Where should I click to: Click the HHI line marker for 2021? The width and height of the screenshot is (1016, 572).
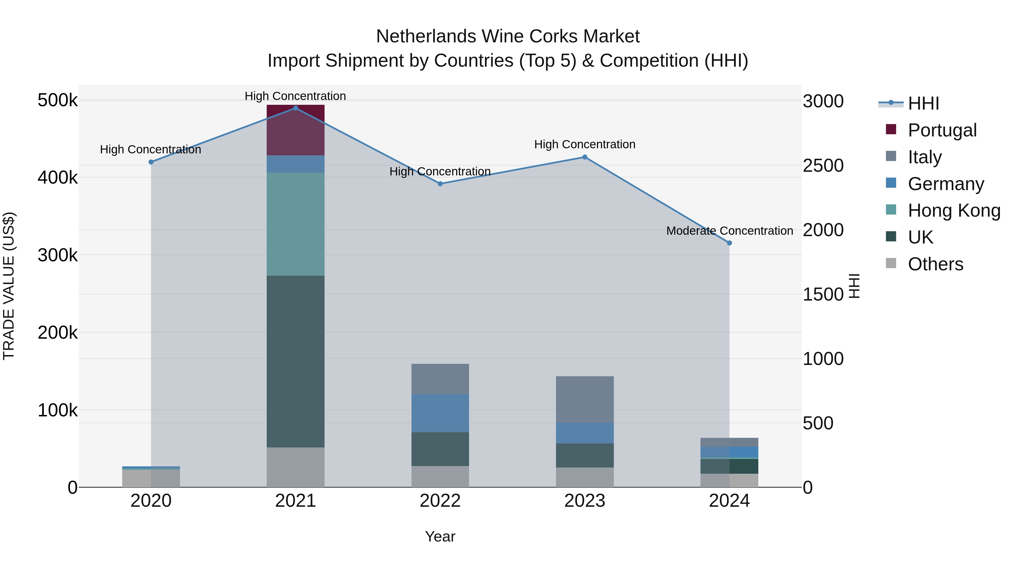click(x=295, y=108)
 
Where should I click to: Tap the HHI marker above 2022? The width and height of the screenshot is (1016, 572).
click(x=440, y=184)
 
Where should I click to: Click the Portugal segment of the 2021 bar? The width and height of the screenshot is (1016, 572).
click(x=295, y=130)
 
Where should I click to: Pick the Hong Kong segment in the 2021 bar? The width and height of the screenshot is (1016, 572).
click(x=295, y=224)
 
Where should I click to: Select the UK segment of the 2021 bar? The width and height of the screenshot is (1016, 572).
click(x=295, y=361)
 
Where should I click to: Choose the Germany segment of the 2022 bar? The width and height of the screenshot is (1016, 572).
click(x=440, y=413)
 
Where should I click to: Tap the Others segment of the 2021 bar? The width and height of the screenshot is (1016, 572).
click(x=295, y=467)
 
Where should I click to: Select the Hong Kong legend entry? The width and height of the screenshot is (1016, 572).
click(x=954, y=210)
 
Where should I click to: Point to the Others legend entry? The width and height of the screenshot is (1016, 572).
click(x=935, y=264)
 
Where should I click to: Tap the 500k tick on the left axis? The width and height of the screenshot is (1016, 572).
click(x=58, y=100)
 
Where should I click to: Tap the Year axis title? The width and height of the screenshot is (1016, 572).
click(x=440, y=536)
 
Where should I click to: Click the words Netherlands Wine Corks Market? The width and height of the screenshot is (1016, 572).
click(x=508, y=36)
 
